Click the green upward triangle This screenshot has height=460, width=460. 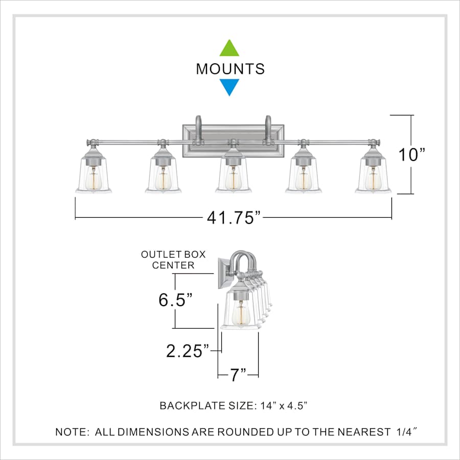(229, 49)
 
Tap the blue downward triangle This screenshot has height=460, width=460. (229, 86)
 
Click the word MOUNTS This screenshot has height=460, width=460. (231, 69)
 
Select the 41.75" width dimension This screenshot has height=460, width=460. (234, 218)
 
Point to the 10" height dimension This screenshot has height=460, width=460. (411, 154)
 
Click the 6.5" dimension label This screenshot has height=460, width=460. (175, 300)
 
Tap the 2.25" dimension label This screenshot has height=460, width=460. (188, 351)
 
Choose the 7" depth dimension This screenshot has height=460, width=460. (238, 375)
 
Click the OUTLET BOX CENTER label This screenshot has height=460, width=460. (173, 260)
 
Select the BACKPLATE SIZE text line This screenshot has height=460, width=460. (234, 406)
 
